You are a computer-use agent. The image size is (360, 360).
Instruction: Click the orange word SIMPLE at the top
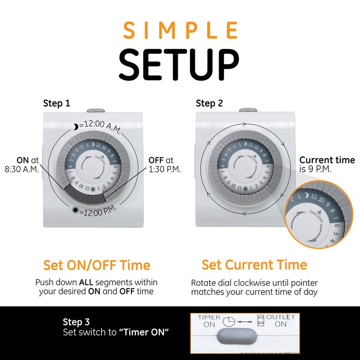click(180, 30)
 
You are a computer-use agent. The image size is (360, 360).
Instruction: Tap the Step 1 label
click(56, 103)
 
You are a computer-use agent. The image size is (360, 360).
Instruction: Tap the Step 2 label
click(209, 103)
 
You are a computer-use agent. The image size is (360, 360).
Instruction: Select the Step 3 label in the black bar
click(76, 322)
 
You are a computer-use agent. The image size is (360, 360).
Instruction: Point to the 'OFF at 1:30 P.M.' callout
click(164, 165)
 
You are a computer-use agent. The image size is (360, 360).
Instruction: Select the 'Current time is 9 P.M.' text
click(327, 164)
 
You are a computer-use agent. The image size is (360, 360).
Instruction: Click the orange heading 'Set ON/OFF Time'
click(97, 265)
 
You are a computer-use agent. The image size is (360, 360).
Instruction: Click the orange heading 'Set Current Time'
click(254, 265)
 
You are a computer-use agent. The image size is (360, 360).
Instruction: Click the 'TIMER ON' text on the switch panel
click(209, 320)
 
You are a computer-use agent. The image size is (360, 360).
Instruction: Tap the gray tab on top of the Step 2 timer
click(248, 110)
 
